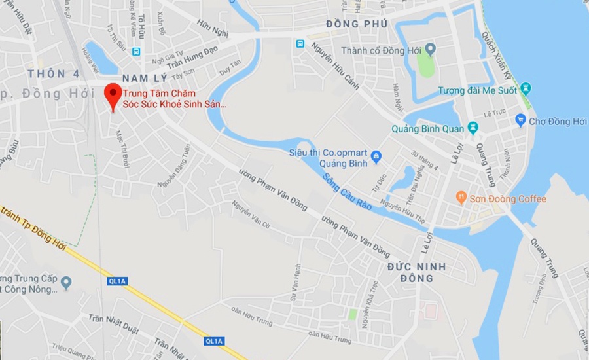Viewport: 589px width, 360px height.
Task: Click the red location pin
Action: pos(113,95)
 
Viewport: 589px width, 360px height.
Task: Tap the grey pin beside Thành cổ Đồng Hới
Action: pos(430,49)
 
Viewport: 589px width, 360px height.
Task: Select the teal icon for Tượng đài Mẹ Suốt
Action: pos(526,89)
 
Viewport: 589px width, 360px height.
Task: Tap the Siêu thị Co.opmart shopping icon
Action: pos(376,156)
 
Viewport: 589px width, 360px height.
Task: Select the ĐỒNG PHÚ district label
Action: pos(357,24)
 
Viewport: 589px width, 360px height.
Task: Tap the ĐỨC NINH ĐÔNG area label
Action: pos(416,272)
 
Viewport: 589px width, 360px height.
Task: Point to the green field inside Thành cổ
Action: pos(426,66)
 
